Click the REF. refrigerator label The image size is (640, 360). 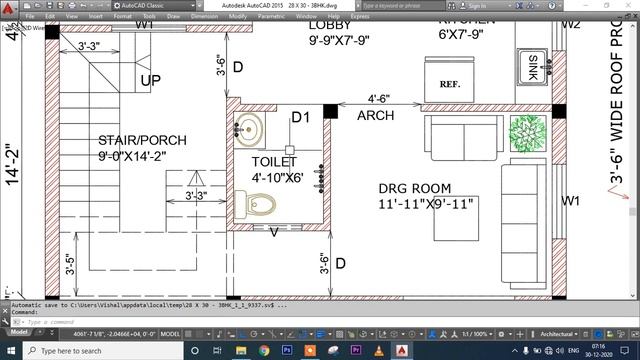pyautogui.click(x=449, y=85)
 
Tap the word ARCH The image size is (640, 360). pyautogui.click(x=375, y=116)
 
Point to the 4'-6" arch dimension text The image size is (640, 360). pyautogui.click(x=378, y=99)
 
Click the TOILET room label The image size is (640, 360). pyautogui.click(x=274, y=161)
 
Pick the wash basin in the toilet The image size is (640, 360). pyautogui.click(x=250, y=129)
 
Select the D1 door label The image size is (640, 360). pyautogui.click(x=300, y=119)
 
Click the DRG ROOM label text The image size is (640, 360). pyautogui.click(x=414, y=188)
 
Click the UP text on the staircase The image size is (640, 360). pyautogui.click(x=150, y=80)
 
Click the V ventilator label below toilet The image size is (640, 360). pyautogui.click(x=274, y=233)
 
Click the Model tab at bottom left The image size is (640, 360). pyautogui.click(x=19, y=333)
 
